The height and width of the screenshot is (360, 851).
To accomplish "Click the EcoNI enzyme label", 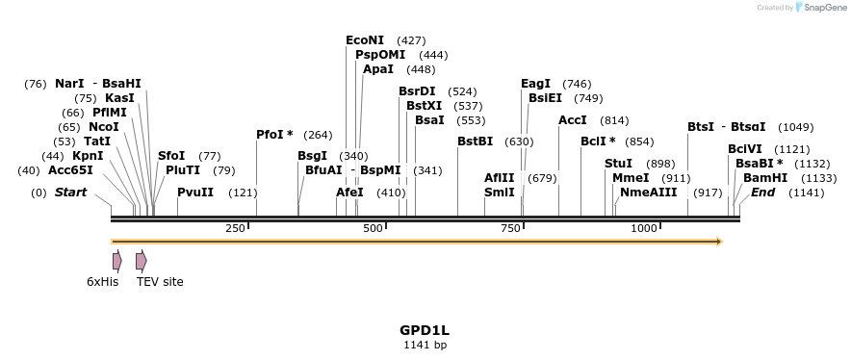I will pos(365,40).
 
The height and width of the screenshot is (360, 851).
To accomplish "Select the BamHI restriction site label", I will pos(765,178).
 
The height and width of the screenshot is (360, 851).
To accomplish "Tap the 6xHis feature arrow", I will pos(116,261).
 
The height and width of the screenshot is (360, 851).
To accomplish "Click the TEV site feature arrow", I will pos(141,261).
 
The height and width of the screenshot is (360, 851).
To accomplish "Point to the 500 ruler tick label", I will pos(373,228).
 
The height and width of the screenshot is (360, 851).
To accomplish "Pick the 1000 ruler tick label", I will pos(644,228).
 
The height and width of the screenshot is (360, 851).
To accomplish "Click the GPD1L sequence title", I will pos(425,330).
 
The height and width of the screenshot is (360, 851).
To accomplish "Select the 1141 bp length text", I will pos(425,345).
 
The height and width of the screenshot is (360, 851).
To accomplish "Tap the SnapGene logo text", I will pos(820,8).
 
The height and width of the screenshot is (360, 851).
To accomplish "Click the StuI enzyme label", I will pos(619,164).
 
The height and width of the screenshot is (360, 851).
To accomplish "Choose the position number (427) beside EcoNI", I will pos(411,40).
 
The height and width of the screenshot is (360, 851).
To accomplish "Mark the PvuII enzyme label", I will pos(195,193).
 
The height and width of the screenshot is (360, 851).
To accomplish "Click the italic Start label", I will pos(70,193).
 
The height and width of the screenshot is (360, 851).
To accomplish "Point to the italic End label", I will pos(762,193).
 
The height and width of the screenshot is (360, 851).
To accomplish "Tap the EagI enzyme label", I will pos(535,84).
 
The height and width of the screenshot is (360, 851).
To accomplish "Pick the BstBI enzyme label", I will pos(475,141).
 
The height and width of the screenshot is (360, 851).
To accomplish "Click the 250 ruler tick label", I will pos(235,228).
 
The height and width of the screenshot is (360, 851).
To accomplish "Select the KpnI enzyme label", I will pos(88,156).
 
